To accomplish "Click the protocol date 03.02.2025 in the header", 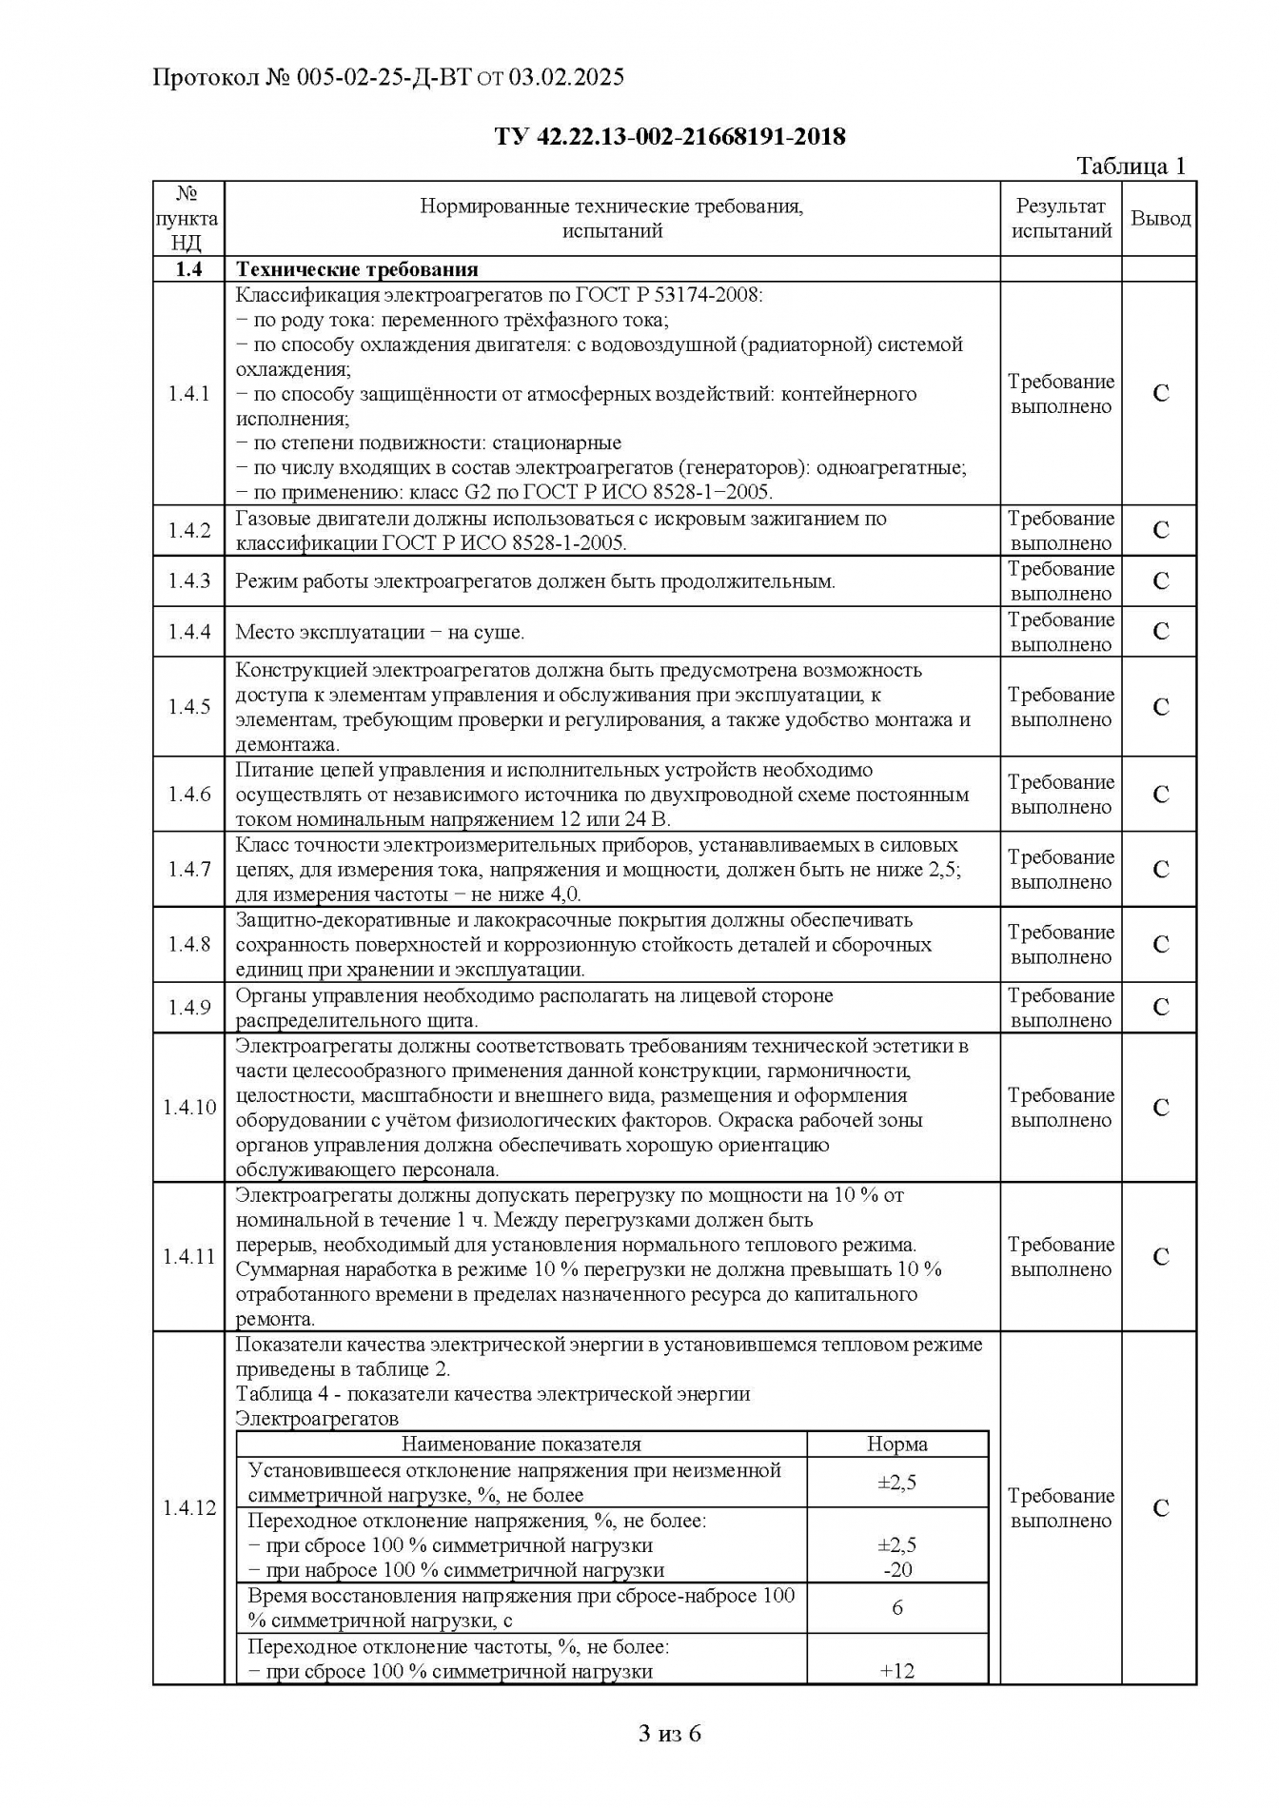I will point(566,77).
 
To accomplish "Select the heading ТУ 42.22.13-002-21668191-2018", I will point(670,137).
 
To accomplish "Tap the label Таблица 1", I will point(1131,166).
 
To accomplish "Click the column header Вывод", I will point(1160,219).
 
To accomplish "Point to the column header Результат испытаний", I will point(1061,219).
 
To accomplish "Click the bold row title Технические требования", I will point(357,269).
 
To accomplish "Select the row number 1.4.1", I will point(189,394).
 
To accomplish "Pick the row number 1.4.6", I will point(189,795).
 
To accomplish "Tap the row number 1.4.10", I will point(189,1108).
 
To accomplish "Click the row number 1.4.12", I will point(189,1508).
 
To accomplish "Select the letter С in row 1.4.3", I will point(1160,581).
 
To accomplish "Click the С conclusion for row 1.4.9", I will point(1160,1008).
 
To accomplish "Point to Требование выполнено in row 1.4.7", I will point(1061,870).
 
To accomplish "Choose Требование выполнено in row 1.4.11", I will point(1061,1257).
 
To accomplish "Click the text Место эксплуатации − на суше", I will point(380,633).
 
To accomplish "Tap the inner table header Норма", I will point(896,1444).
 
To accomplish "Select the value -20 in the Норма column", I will point(897,1570).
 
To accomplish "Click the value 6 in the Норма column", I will point(897,1608).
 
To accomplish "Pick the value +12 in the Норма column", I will point(897,1671).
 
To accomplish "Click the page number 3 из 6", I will point(670,1734).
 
